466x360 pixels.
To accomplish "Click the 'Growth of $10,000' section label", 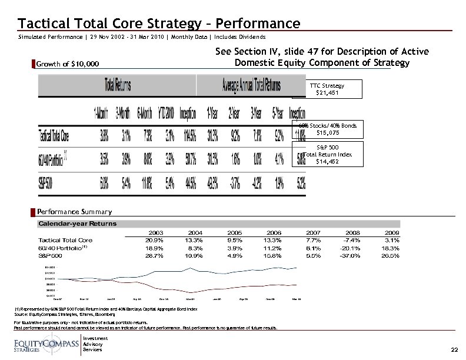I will click(68, 64).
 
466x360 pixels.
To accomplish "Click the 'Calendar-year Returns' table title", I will click(78, 224).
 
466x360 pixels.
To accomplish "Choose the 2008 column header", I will click(354, 232).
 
